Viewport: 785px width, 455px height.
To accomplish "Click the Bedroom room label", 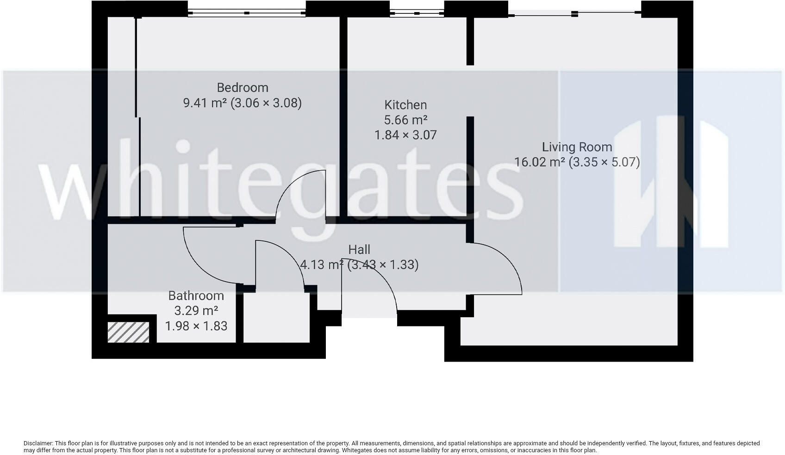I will [x=243, y=87].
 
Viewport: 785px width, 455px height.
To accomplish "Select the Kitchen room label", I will [x=405, y=105].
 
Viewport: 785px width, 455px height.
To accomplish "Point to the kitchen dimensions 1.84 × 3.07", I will [x=405, y=135].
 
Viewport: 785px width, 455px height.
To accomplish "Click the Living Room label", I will [x=577, y=147].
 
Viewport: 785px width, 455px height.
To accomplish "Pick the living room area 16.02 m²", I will [x=540, y=162].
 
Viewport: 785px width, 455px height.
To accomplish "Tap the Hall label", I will [x=359, y=250].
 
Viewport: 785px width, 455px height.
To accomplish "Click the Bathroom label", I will [x=196, y=295].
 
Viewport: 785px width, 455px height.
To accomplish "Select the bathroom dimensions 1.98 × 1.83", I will [x=196, y=326].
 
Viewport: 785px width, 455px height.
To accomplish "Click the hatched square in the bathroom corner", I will [x=128, y=332].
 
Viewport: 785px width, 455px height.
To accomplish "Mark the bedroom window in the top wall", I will [x=247, y=13].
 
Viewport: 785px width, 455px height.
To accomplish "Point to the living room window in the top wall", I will [x=574, y=14].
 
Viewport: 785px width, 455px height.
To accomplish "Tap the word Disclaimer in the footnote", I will [x=38, y=443].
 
